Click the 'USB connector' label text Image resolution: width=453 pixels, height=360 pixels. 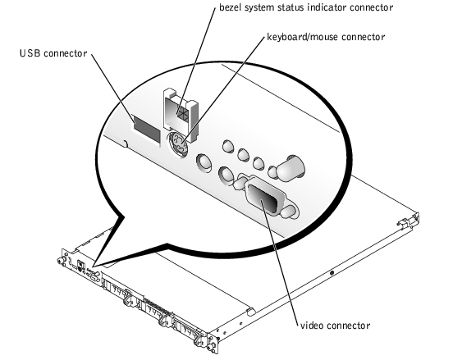[x=53, y=53]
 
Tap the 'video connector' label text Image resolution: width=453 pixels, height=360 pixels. [x=336, y=326]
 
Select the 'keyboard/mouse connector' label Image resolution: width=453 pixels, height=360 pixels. [x=326, y=37]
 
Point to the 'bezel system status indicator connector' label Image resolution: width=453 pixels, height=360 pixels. [x=306, y=7]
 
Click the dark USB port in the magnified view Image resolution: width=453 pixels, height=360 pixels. [x=147, y=129]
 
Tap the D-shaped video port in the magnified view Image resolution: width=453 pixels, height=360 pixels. [x=266, y=197]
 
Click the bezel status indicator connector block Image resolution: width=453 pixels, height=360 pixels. [x=181, y=115]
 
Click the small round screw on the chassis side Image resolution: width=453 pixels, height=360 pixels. [x=332, y=272]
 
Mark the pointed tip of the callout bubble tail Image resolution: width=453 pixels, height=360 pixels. [x=94, y=267]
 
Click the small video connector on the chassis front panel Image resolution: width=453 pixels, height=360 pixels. [x=94, y=278]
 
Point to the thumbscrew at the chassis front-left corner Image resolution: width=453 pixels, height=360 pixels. [x=61, y=262]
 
